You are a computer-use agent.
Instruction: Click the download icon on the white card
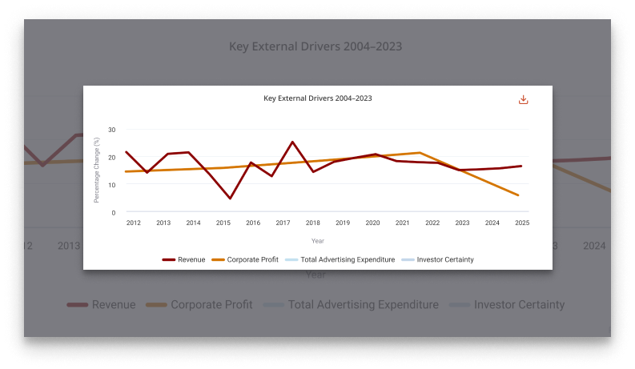pos(523,100)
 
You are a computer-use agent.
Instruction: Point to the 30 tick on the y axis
pos(112,130)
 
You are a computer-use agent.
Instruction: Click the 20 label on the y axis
pos(112,157)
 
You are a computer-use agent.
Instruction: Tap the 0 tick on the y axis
pos(114,213)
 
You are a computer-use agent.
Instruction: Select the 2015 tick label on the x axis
pos(223,223)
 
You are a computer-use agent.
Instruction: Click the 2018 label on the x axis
pos(313,223)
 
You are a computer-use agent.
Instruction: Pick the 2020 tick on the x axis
pos(372,223)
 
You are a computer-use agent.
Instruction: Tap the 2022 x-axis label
pos(432,223)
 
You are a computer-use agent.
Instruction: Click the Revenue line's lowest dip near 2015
pos(230,199)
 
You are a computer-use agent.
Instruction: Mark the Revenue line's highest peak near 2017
pos(292,142)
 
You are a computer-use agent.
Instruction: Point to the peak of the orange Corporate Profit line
pos(420,152)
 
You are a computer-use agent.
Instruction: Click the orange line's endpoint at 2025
pos(519,195)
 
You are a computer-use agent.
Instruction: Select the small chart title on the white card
pos(318,98)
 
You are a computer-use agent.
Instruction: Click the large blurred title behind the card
pos(315,46)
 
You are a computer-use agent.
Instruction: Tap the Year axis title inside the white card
pos(318,240)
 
